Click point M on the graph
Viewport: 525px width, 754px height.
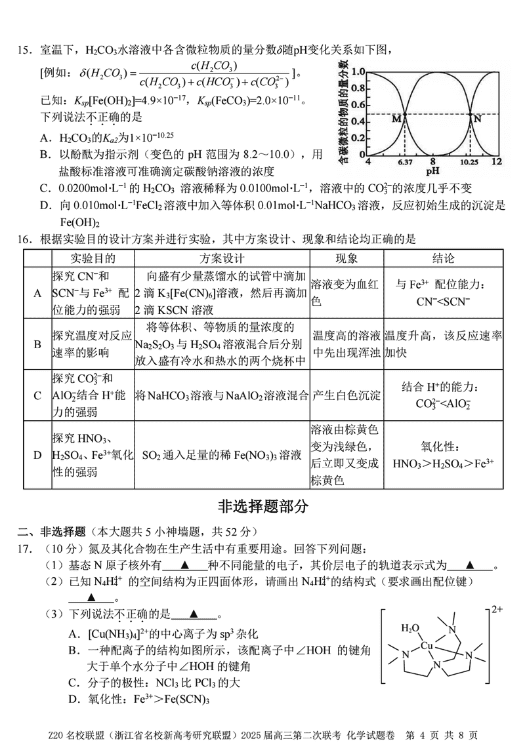(404, 115)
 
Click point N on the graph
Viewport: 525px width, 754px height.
(471, 115)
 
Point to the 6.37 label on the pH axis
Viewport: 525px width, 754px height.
(405, 161)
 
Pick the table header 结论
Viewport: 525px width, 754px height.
(443, 258)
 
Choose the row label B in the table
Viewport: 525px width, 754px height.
(37, 344)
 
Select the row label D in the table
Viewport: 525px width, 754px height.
(37, 454)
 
